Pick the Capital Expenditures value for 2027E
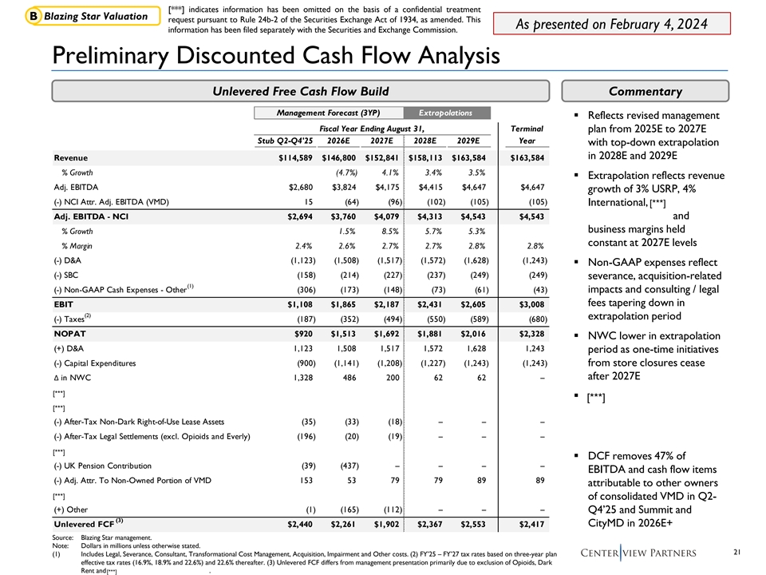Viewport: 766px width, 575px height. click(x=384, y=363)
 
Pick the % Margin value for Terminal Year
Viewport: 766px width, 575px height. click(x=530, y=245)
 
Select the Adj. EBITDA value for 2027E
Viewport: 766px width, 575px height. click(x=384, y=187)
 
